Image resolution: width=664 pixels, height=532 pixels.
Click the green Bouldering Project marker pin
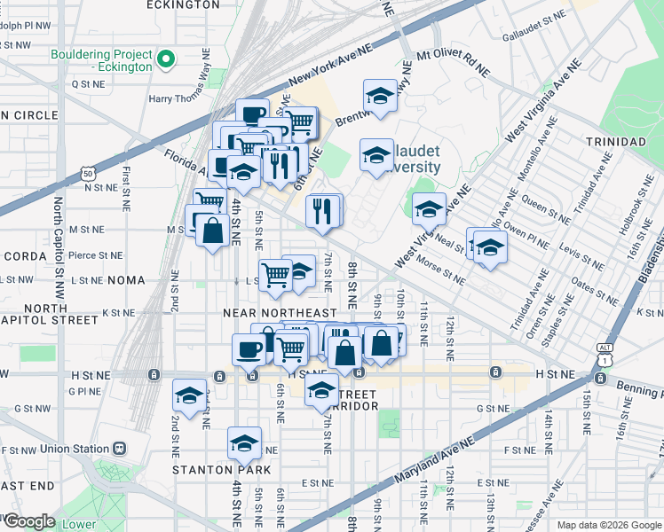click(164, 60)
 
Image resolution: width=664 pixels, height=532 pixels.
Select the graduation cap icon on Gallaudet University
click(376, 156)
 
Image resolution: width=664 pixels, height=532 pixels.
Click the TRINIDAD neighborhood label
click(614, 142)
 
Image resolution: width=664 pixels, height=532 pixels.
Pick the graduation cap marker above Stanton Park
click(244, 442)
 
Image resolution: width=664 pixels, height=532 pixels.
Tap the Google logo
click(28, 521)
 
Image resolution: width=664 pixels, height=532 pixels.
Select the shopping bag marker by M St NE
click(213, 232)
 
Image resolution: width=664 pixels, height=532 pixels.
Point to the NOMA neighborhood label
click(125, 280)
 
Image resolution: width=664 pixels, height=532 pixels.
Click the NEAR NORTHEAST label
click(280, 313)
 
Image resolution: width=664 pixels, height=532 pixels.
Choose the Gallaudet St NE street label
click(534, 16)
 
